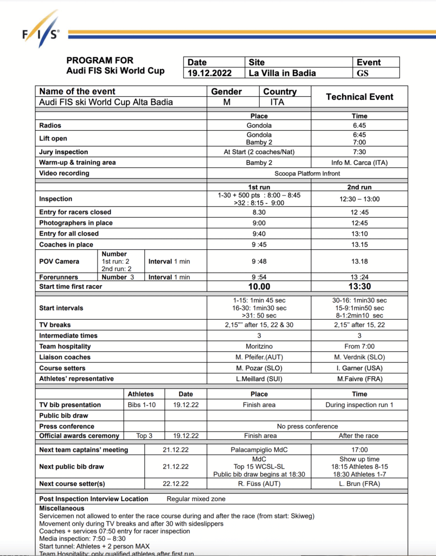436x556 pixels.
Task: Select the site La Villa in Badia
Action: [282, 73]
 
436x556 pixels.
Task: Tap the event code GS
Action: [362, 73]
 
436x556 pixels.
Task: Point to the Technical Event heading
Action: [359, 97]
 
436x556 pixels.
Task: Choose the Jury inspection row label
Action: [63, 152]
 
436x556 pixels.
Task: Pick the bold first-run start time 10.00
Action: [259, 287]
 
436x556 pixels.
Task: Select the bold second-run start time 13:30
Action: [359, 287]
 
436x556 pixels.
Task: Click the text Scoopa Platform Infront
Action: [307, 173]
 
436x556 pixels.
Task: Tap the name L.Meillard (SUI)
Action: [259, 378]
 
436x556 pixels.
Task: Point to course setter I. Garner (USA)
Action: [359, 368]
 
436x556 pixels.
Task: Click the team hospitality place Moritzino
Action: [259, 346]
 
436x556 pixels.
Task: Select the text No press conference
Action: [307, 426]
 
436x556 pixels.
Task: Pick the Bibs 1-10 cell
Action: [140, 405]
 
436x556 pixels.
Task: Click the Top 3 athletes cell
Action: [140, 435]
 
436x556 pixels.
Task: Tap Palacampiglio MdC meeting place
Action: [259, 450]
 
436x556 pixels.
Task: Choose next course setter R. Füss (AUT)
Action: [259, 484]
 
